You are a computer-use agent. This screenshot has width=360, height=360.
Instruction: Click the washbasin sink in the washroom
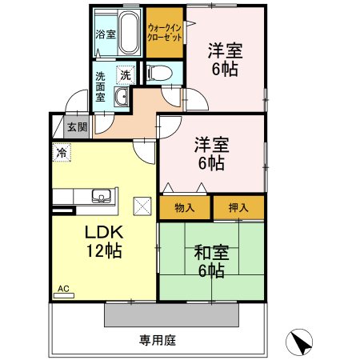point(122,98)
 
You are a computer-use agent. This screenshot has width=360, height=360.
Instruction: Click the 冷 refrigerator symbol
point(61,150)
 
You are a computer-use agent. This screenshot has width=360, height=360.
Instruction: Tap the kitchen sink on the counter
point(101,196)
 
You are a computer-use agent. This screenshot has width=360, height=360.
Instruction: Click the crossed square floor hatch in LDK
point(141,206)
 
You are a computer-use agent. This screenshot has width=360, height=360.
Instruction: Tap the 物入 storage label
point(185,207)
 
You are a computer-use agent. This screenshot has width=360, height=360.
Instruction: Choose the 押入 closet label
point(238,207)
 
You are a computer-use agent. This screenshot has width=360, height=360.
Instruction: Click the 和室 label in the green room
point(211,254)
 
